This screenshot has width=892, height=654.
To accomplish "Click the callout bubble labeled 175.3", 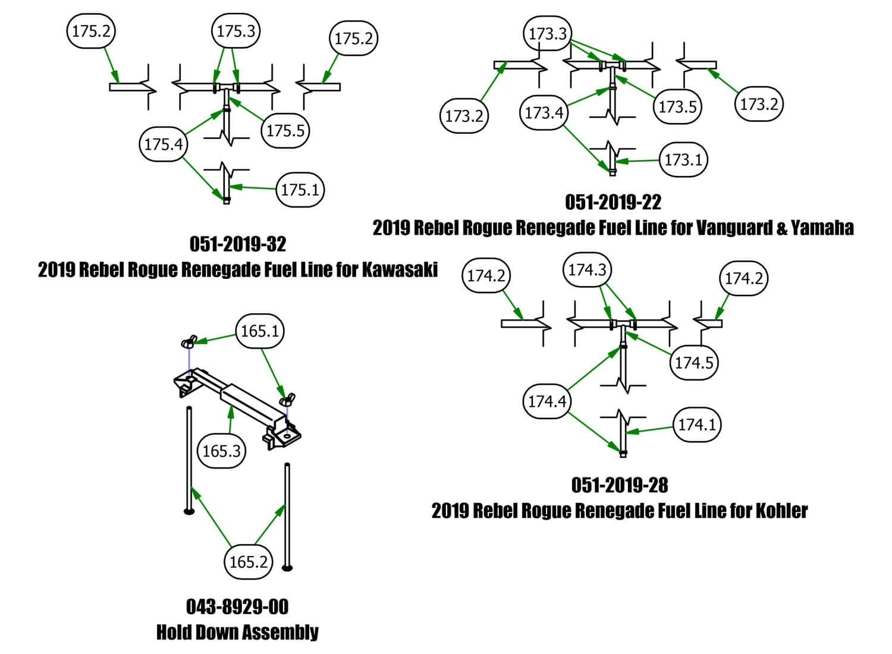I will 236,31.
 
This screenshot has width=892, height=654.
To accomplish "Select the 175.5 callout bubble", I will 285,130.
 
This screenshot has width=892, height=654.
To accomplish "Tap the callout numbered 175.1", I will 300,190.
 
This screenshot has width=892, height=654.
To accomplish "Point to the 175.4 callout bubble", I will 164,144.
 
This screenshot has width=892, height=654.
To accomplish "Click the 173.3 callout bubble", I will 548,33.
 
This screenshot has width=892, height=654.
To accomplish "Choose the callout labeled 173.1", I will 683,159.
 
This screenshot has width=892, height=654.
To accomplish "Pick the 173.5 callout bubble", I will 677,107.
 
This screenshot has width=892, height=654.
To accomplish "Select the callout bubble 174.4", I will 547,401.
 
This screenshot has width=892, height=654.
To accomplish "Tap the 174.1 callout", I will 697,425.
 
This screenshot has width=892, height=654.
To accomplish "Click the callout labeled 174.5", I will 693,362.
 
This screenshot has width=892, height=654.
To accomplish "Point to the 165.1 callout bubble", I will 260,331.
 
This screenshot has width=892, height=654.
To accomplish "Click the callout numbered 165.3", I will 221,451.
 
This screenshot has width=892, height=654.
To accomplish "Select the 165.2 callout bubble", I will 248,562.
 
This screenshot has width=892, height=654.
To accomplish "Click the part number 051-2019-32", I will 238,244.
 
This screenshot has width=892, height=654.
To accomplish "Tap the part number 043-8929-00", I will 237,606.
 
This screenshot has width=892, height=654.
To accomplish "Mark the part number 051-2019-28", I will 620,485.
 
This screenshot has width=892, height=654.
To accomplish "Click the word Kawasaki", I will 400,269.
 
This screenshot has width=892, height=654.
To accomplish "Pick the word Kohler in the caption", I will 781,511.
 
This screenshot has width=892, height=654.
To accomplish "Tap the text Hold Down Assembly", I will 237,631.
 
